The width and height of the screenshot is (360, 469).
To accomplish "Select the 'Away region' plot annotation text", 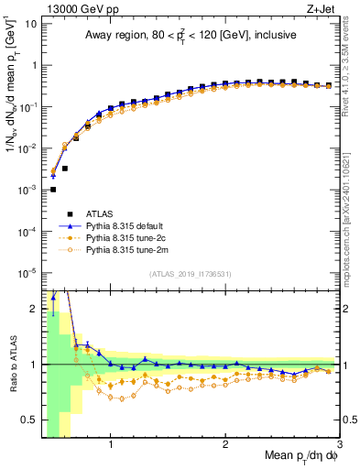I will tap(191, 36).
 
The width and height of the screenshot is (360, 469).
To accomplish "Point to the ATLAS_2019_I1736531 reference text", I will tap(190, 275).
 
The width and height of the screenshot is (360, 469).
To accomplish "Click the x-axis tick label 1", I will tap(111, 446).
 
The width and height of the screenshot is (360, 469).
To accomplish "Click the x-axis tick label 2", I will tap(225, 446).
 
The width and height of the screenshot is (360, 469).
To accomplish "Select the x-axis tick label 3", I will tap(339, 446).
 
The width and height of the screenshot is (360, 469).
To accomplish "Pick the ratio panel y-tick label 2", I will tap(32, 309).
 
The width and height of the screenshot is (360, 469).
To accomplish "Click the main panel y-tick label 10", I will tap(29, 23).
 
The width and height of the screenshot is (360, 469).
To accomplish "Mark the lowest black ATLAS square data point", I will tap(53, 190).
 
